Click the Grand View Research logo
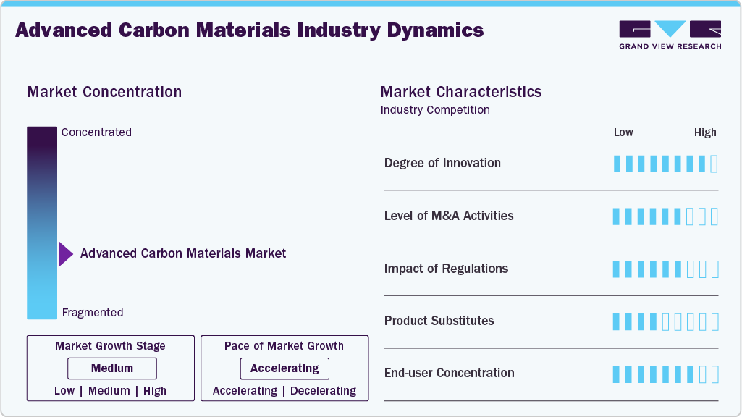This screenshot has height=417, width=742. click(670, 34)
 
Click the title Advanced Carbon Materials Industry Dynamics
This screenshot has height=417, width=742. click(250, 30)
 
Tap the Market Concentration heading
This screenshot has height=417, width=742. click(104, 92)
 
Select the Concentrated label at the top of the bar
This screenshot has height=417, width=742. click(96, 132)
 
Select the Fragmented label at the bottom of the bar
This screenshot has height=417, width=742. click(93, 313)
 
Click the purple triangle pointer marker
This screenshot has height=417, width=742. click(66, 254)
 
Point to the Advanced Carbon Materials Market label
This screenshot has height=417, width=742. click(183, 253)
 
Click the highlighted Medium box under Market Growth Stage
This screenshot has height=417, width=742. click(111, 368)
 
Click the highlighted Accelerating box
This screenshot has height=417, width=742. click(284, 368)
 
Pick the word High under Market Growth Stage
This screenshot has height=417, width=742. click(155, 391)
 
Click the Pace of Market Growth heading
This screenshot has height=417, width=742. click(284, 346)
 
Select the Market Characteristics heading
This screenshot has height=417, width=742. click(461, 92)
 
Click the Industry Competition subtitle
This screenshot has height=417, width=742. click(435, 110)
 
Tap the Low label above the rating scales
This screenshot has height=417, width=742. click(623, 132)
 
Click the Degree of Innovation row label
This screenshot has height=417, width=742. click(442, 163)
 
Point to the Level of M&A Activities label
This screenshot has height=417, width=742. click(449, 216)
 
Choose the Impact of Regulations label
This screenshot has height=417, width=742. click(446, 269)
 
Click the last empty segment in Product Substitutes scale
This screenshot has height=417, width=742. click(714, 321)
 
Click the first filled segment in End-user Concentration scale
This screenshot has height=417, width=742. click(617, 374)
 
